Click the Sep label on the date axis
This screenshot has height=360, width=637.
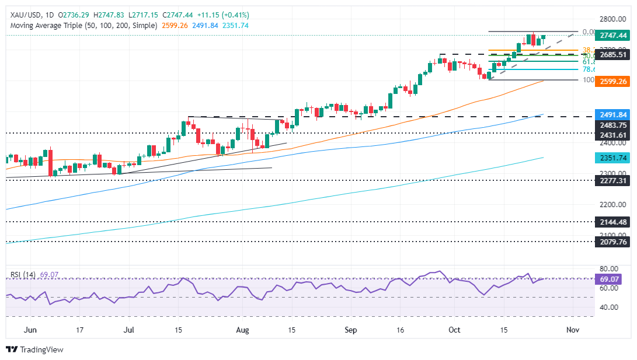[350, 330]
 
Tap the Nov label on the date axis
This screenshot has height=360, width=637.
[573, 330]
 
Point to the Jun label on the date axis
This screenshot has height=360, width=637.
[31, 330]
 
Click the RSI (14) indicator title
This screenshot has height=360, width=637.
[23, 274]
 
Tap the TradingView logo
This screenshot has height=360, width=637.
[34, 349]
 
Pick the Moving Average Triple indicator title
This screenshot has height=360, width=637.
[82, 26]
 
